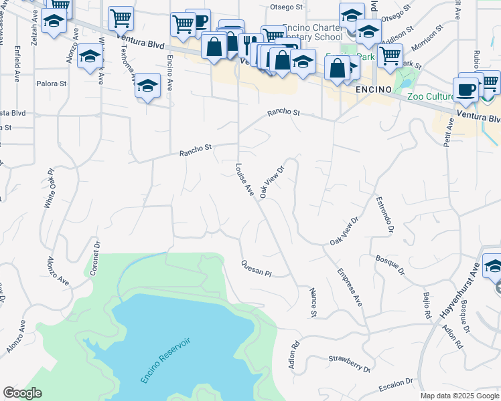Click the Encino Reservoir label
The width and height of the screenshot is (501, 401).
click(166, 360)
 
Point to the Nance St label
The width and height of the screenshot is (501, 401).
click(313, 303)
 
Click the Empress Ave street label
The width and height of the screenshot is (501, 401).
click(350, 287)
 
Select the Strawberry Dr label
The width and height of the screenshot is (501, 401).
click(350, 364)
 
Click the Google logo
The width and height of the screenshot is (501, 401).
click(22, 393)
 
